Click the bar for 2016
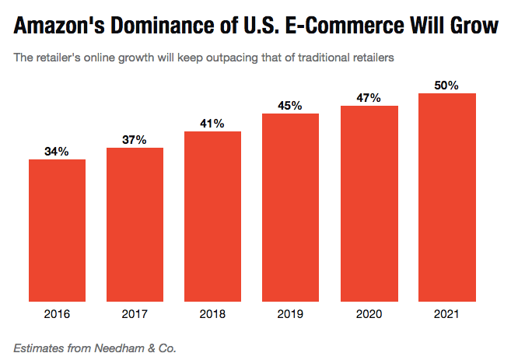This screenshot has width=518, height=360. click(57, 230)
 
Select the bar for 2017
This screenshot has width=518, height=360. click(135, 225)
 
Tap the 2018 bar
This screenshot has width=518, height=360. click(213, 216)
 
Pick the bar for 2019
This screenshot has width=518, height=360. click(290, 208)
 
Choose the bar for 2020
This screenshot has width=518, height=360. click(369, 204)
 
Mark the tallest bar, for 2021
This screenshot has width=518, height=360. click(447, 197)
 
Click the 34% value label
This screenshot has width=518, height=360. click(57, 152)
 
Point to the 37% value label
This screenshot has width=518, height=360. click(135, 140)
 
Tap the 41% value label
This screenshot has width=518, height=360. click(212, 124)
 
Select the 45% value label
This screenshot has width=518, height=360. click(290, 106)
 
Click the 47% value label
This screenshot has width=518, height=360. click(369, 98)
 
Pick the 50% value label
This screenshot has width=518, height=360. click(446, 86)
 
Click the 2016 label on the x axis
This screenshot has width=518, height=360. click(57, 314)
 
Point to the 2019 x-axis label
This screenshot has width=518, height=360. click(290, 314)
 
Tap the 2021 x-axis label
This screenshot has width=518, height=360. click(446, 314)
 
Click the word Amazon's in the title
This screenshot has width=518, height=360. click(59, 26)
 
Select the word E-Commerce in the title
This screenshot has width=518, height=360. click(345, 26)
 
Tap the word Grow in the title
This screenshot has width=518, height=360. click(474, 26)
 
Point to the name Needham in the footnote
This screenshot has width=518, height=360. click(119, 348)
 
